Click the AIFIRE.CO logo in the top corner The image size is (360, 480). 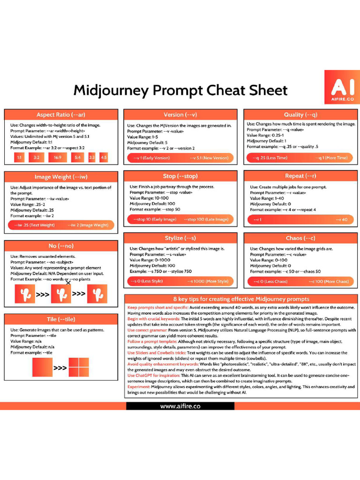[x=342, y=87]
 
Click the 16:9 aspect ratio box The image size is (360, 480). [x=57, y=158]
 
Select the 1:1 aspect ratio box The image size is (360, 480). [x=19, y=158]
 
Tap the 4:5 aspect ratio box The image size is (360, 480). [x=104, y=158]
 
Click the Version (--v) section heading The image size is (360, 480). [x=180, y=115]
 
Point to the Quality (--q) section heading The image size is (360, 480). [x=300, y=115]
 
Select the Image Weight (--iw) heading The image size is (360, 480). [x=60, y=177]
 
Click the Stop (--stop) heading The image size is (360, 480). [x=180, y=176]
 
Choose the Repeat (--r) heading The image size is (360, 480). [x=300, y=176]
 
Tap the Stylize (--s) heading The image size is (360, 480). [x=180, y=238]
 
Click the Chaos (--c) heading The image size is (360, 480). [x=300, y=238]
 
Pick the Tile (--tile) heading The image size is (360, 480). [x=60, y=319]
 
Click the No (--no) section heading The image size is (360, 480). [x=60, y=246]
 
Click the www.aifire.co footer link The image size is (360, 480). [x=180, y=406]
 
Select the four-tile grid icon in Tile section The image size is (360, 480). [x=78, y=367]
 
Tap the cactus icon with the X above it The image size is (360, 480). [x=61, y=294]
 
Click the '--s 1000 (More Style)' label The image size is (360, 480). [x=208, y=281]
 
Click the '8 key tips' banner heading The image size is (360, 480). [x=241, y=299]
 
